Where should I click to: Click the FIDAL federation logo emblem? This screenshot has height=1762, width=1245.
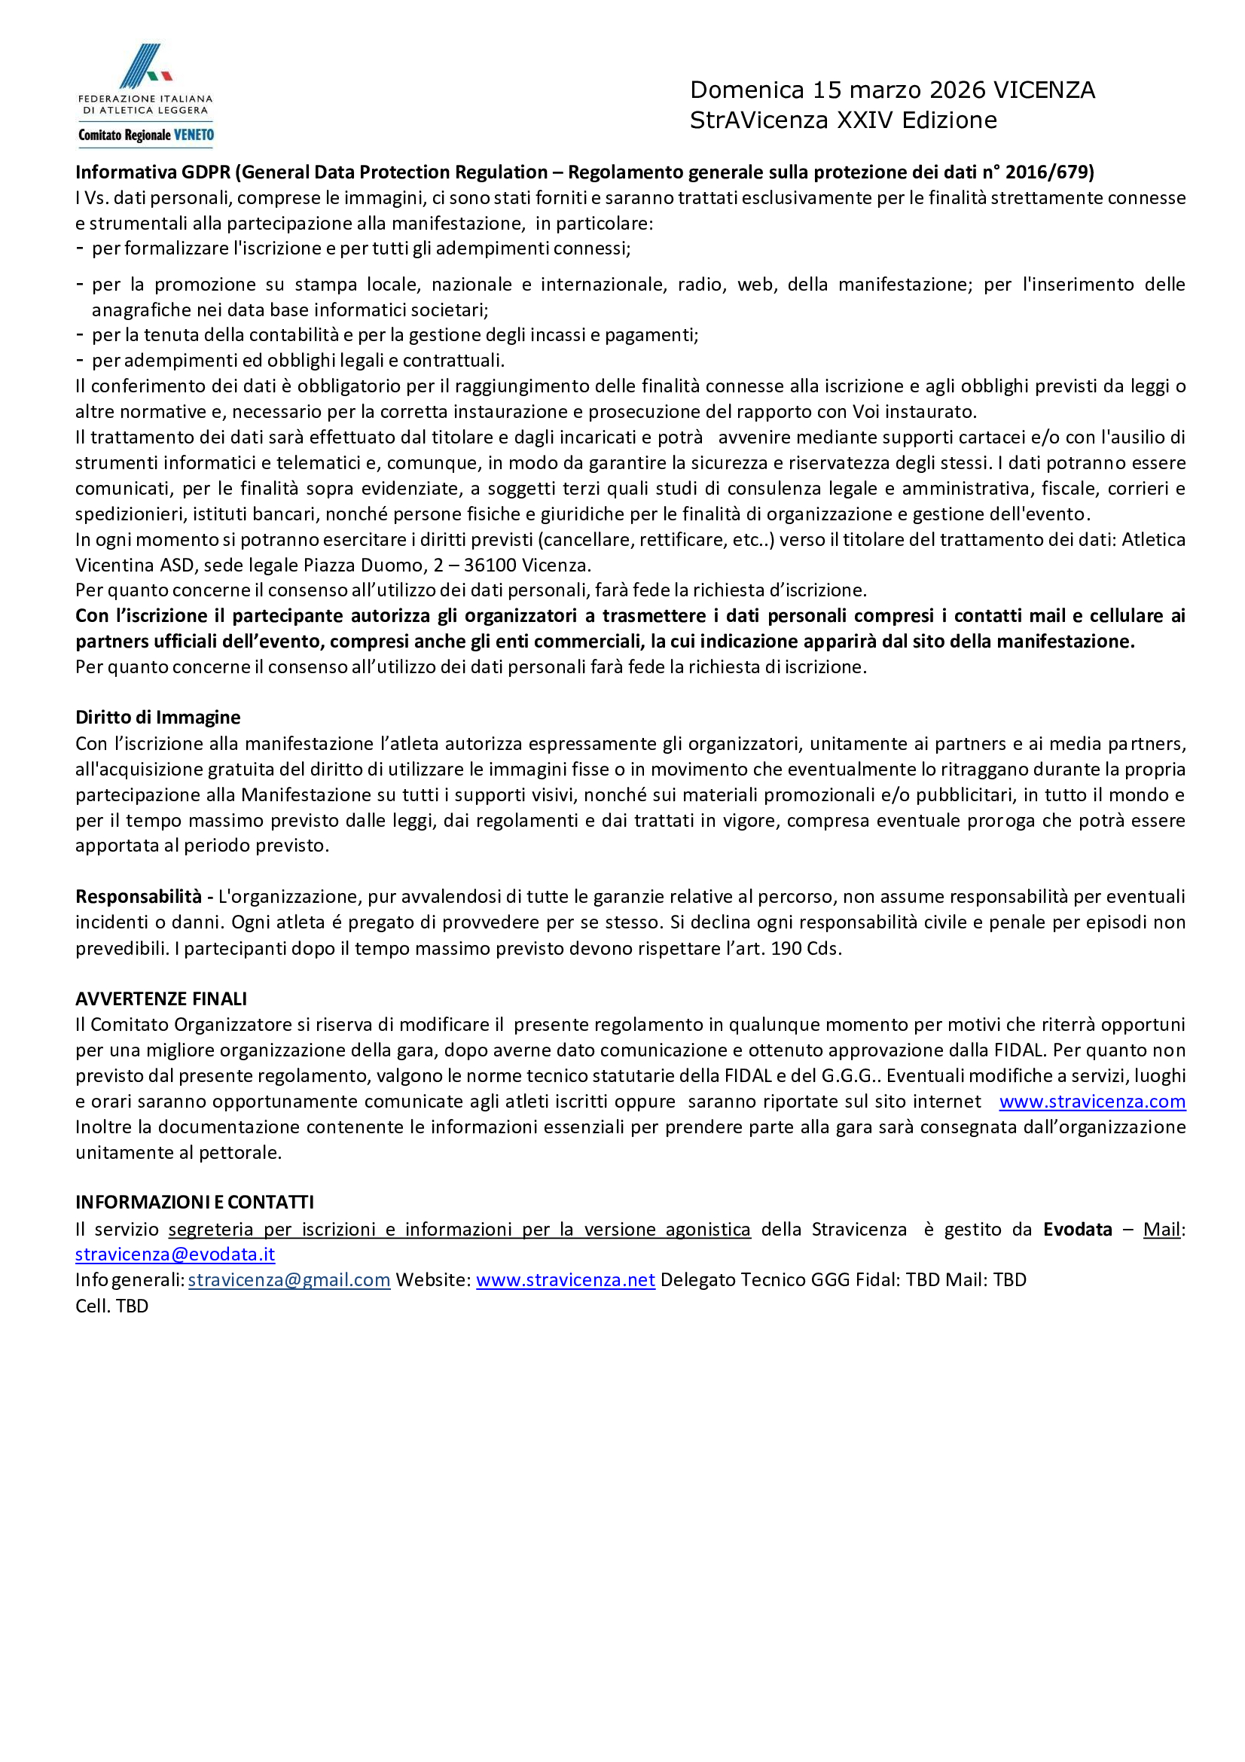click(146, 66)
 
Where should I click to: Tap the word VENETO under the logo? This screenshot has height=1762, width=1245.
click(194, 135)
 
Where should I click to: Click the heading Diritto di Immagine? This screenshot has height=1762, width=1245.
click(157, 717)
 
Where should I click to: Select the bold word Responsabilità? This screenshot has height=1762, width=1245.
click(138, 896)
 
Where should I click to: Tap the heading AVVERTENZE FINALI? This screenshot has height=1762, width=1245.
click(161, 998)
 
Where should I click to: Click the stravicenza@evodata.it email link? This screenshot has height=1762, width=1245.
click(175, 1254)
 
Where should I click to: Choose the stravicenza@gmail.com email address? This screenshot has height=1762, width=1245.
click(289, 1279)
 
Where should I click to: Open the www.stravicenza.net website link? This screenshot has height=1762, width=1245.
click(565, 1279)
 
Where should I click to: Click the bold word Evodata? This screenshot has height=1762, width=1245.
click(1077, 1229)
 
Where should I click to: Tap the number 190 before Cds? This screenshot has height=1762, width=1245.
click(786, 948)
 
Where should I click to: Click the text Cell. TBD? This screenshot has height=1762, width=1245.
click(112, 1306)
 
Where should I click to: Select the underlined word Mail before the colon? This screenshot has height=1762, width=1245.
click(1161, 1229)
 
